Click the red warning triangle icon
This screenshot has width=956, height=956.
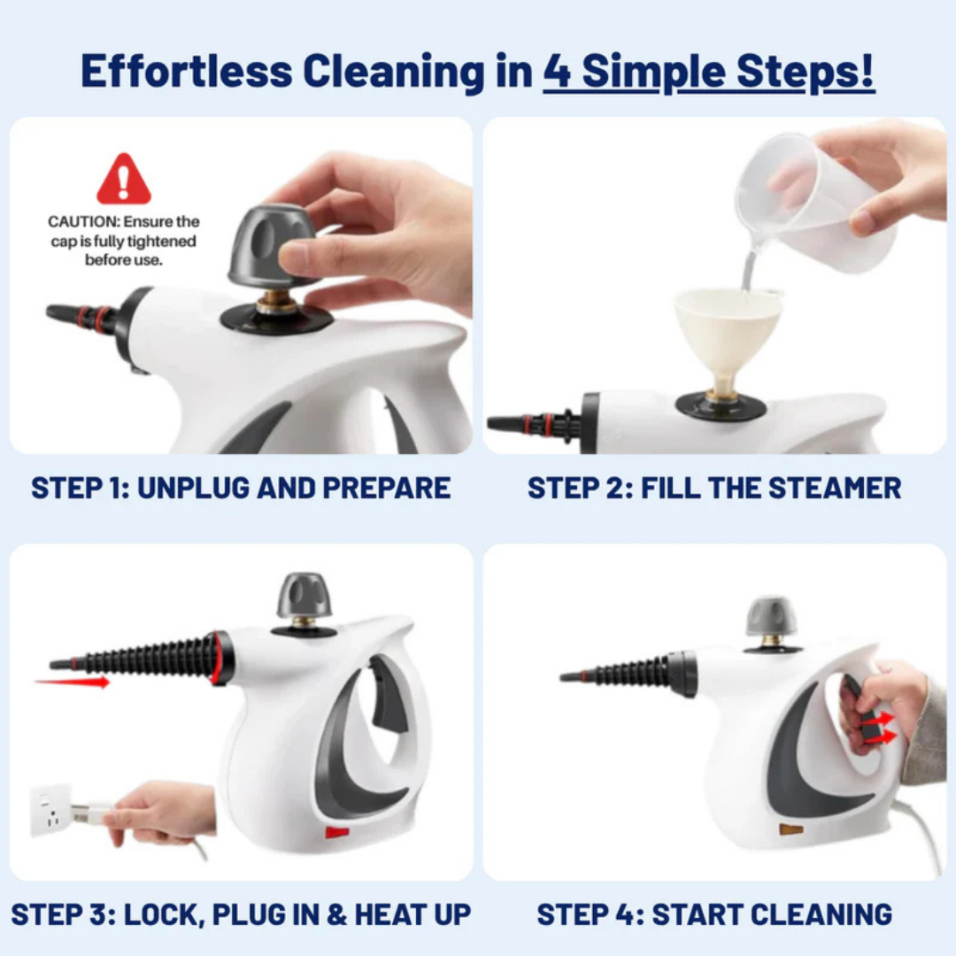(124, 180)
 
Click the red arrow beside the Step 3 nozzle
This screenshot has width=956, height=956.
(72, 682)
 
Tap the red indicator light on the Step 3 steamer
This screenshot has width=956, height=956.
(337, 832)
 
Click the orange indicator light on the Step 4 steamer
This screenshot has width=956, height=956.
(790, 829)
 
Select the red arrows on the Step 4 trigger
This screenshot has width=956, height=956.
(879, 729)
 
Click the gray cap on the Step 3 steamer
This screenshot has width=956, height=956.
(304, 596)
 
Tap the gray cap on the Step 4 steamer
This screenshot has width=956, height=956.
(770, 617)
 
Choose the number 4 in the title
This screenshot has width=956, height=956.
(557, 72)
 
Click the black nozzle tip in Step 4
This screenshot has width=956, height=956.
(571, 677)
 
